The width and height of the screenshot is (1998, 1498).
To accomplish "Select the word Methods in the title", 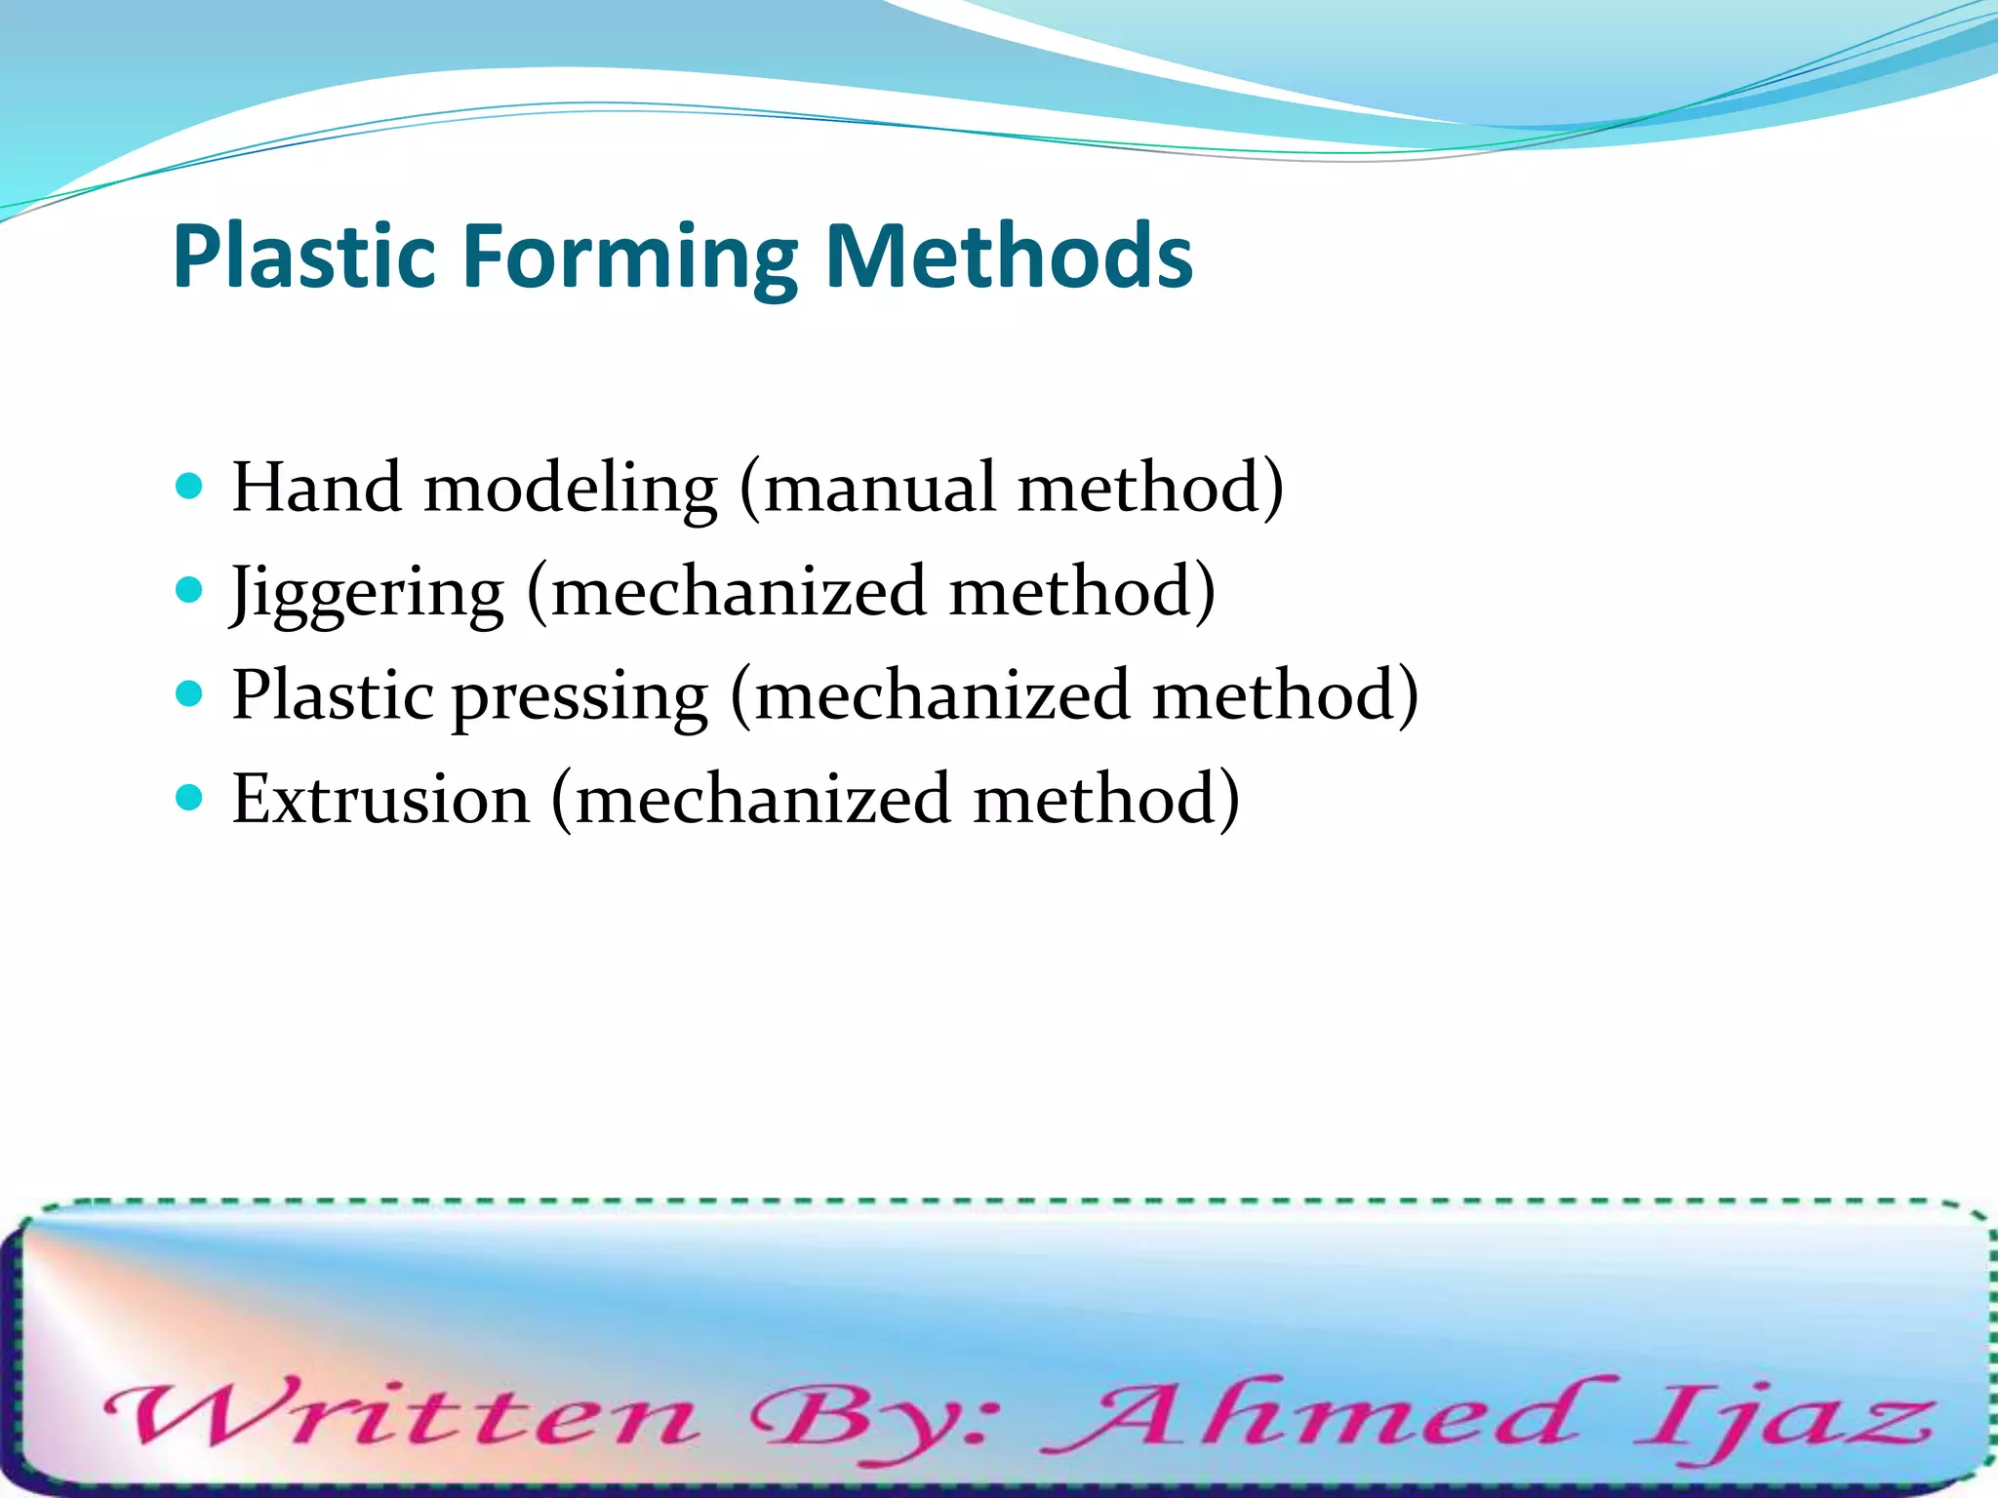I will [x=1009, y=256].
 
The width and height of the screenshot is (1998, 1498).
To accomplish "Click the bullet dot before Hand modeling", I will [x=189, y=486].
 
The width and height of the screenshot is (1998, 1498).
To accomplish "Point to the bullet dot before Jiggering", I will [x=189, y=589].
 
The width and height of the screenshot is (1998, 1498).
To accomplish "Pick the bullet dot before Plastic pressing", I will [x=189, y=693].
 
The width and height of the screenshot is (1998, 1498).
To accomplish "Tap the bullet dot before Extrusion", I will [x=189, y=798].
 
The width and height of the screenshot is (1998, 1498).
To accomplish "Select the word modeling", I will [x=571, y=488].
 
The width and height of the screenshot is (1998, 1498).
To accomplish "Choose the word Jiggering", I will [x=367, y=593].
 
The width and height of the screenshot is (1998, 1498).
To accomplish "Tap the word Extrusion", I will [x=380, y=800].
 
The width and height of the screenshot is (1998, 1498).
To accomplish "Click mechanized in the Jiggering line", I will [x=739, y=591].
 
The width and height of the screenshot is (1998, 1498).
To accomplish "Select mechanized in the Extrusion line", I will [x=763, y=800].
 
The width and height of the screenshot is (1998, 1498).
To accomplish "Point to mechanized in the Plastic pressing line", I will [x=942, y=695].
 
